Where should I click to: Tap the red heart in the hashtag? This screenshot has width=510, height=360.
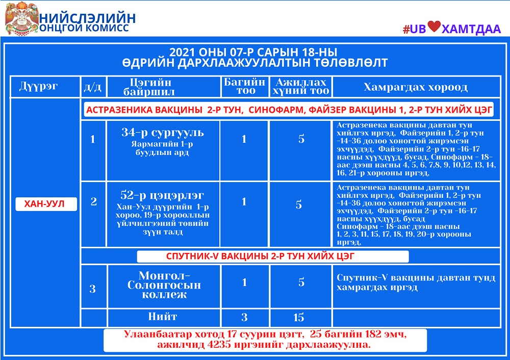pyautogui.click(x=433, y=28)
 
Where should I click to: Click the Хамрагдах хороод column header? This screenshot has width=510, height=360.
pyautogui.click(x=415, y=87)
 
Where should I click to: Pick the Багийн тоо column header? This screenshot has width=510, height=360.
pyautogui.click(x=245, y=86)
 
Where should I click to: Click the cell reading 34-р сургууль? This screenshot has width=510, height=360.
pyautogui.click(x=163, y=133)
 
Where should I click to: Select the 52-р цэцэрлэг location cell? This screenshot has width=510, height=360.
pyautogui.click(x=163, y=196)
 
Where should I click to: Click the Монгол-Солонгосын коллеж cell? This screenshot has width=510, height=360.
pyautogui.click(x=163, y=285)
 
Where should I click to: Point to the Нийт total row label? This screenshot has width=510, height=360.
pyautogui.click(x=163, y=317)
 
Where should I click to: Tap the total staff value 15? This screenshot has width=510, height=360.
pyautogui.click(x=299, y=318)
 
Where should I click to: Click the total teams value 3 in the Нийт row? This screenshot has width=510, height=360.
pyautogui.click(x=244, y=318)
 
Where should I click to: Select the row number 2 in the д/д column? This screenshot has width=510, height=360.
pyautogui.click(x=93, y=202)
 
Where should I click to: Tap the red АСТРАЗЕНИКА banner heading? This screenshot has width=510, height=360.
pyautogui.click(x=289, y=110)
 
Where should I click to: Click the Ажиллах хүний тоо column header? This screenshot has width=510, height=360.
pyautogui.click(x=300, y=87)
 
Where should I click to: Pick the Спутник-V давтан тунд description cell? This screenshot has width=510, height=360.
pyautogui.click(x=416, y=282)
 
